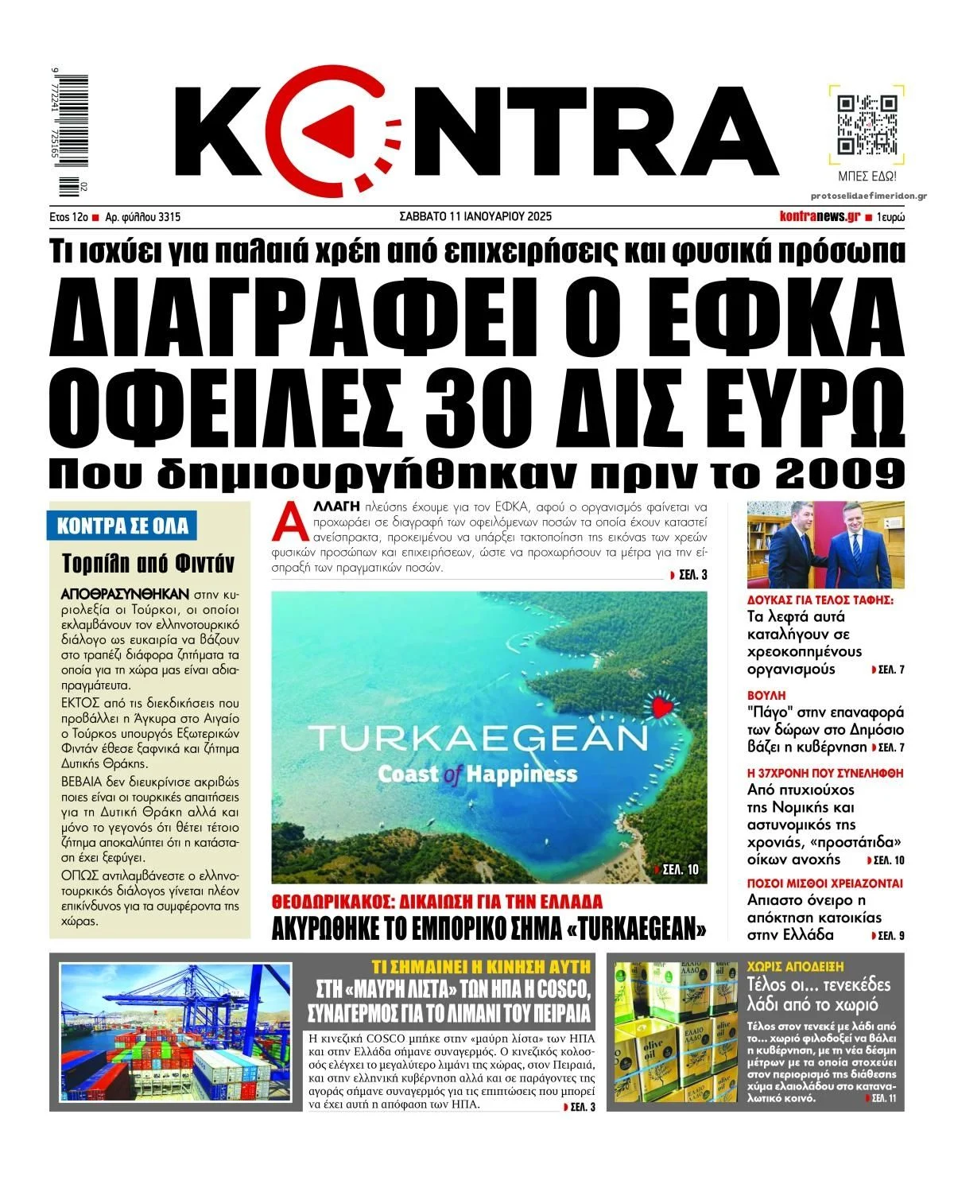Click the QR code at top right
867,125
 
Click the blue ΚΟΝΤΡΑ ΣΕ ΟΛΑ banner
123,526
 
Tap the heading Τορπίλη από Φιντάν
149,564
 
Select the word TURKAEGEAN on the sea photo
479,739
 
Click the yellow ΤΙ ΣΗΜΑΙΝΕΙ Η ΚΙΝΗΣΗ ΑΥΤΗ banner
482,966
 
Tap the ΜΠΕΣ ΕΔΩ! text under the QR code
867,176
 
